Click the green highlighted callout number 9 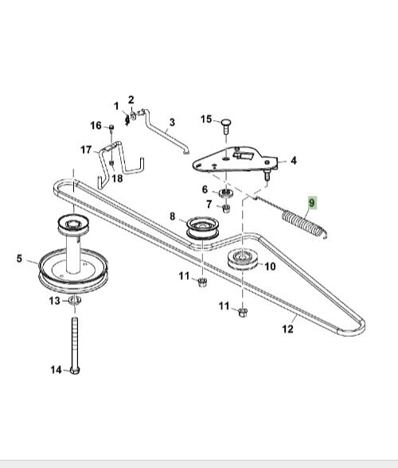pyautogui.click(x=312, y=203)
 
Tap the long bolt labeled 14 pyautogui.click(x=75, y=345)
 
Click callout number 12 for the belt pyautogui.click(x=287, y=329)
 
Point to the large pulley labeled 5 pyautogui.click(x=73, y=270)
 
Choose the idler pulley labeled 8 pyautogui.click(x=203, y=228)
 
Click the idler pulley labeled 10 pyautogui.click(x=243, y=259)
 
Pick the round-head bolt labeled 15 pyautogui.click(x=226, y=127)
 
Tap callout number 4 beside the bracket pyautogui.click(x=294, y=161)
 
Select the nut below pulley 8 pyautogui.click(x=202, y=282)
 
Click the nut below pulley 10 pyautogui.click(x=243, y=313)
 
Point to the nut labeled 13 pyautogui.click(x=75, y=300)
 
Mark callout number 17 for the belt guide pyautogui.click(x=86, y=150)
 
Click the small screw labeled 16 pyautogui.click(x=111, y=128)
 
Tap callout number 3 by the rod pyautogui.click(x=172, y=123)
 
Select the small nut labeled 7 pyautogui.click(x=226, y=208)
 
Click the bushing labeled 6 pyautogui.click(x=226, y=193)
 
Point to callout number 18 pyautogui.click(x=117, y=178)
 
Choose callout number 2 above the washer pyautogui.click(x=131, y=99)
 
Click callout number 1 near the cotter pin pyautogui.click(x=116, y=106)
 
